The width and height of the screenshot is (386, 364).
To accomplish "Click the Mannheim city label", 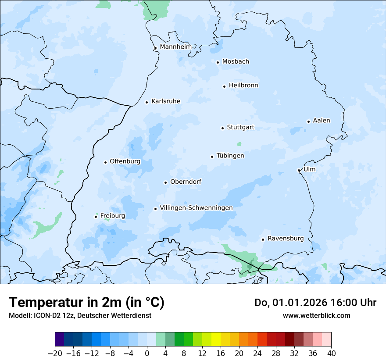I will click(175, 46).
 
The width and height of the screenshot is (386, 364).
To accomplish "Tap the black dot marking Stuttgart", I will click(222, 128).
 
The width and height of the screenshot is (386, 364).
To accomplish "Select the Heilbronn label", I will click(243, 86).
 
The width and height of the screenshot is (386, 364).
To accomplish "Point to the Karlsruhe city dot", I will click(147, 102).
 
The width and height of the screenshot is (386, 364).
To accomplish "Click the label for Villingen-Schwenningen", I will click(196, 208).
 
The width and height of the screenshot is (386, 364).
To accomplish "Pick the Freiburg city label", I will click(113, 216).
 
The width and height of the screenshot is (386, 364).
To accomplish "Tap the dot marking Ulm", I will click(299, 170).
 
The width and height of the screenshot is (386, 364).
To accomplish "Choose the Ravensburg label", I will click(286, 239).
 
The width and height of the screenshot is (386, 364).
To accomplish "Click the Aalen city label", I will click(322, 121).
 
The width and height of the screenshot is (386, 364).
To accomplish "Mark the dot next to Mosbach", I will click(218, 62).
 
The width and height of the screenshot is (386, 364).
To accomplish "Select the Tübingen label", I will click(230, 156).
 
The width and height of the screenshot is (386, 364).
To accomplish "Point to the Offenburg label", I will click(125, 161).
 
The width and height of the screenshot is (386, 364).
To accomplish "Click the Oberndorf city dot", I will click(165, 182).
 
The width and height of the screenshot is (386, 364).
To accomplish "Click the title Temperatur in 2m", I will click(86, 303).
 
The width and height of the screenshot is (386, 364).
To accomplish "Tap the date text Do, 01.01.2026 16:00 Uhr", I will click(315, 303).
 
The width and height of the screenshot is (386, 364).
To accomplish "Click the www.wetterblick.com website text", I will click(316, 315).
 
